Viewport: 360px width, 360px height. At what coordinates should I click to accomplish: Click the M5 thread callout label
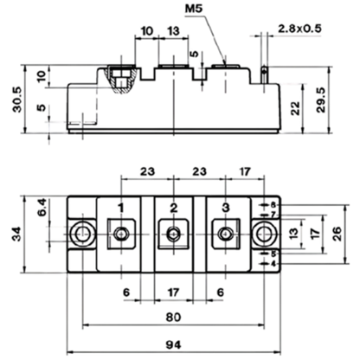tap(194, 8)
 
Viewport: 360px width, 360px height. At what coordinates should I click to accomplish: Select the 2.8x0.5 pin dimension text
tap(299, 29)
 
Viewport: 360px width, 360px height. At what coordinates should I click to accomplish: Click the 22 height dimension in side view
tap(295, 109)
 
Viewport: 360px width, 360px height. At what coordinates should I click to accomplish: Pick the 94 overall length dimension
tap(174, 344)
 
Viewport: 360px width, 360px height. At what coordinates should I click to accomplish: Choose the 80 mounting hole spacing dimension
tap(173, 317)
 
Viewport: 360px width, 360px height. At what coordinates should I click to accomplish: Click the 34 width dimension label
tap(16, 234)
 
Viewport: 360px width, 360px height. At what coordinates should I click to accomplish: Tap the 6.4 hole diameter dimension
tap(42, 207)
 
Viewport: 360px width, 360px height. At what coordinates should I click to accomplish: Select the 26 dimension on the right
tap(337, 234)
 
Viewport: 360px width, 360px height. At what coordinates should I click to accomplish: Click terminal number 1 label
tap(121, 208)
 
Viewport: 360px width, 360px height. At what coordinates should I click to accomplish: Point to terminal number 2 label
tap(173, 208)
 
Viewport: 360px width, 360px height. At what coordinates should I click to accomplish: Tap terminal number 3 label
tap(226, 208)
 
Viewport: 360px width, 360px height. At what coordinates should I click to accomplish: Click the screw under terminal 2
tap(173, 234)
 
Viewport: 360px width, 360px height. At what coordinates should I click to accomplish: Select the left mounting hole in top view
tap(83, 234)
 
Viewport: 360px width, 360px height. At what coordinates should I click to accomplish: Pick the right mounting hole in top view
tap(264, 234)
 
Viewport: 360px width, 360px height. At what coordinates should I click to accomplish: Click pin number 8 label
tap(273, 205)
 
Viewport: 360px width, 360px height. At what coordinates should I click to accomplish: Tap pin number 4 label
tap(273, 264)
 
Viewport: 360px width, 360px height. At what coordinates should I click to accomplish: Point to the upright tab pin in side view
tap(264, 75)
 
